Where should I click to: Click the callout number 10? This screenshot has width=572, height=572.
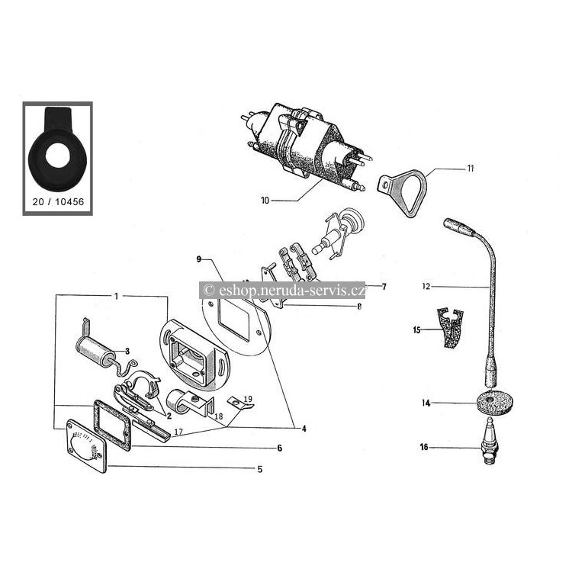265,201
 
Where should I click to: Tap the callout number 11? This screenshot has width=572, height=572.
471,169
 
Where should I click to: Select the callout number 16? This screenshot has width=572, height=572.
424,447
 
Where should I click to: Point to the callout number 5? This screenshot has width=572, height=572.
260,469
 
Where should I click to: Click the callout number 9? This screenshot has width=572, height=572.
199,259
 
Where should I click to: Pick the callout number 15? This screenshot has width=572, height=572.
416,330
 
